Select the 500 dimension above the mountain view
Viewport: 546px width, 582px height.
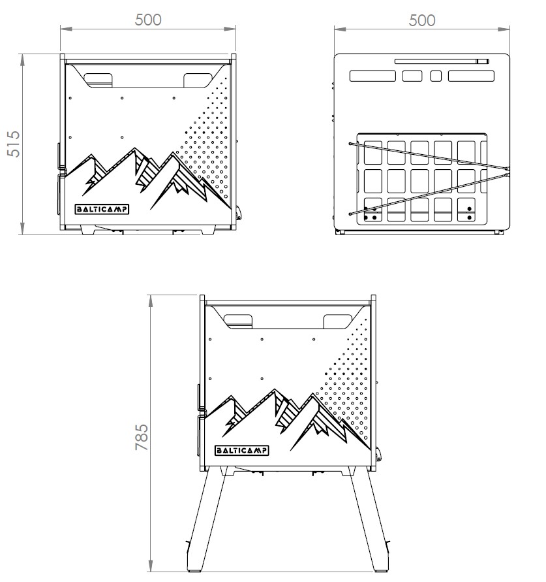click(x=148, y=20)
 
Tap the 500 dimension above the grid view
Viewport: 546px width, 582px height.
click(x=422, y=20)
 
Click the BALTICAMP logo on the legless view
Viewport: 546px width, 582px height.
click(x=101, y=210)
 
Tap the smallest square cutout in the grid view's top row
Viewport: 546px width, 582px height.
click(x=436, y=76)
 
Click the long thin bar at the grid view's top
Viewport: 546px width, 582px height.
click(x=442, y=61)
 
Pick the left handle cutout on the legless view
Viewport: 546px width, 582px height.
click(x=99, y=79)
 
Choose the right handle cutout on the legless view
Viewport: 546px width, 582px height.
click(x=198, y=80)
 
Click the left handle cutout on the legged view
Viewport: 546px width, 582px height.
click(x=239, y=321)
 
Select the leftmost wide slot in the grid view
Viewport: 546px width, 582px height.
click(x=372, y=76)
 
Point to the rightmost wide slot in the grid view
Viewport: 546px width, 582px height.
click(x=470, y=76)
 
